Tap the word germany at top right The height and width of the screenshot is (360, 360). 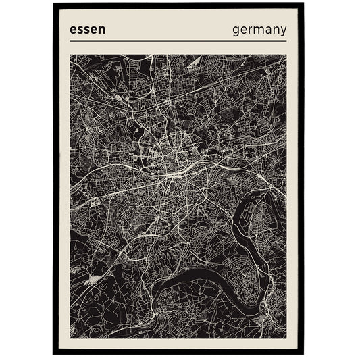259,30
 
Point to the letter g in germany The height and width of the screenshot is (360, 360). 236,31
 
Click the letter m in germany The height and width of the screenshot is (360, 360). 259,30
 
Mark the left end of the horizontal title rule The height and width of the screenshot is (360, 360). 70,41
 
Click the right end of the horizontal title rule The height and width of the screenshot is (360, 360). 286,41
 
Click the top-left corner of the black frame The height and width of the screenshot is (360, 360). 53,3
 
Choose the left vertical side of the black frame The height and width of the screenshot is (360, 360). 55,179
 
